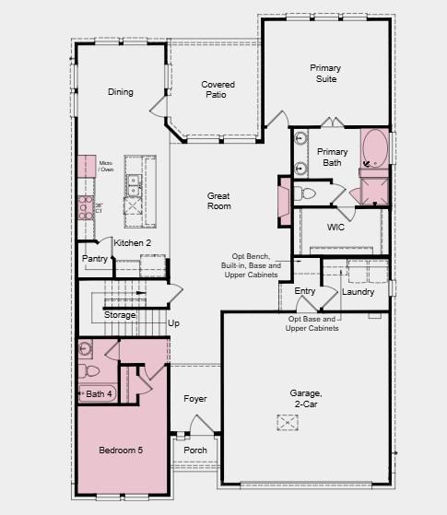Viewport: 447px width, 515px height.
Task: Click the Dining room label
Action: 120,92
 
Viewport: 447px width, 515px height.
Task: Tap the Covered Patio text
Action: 218,89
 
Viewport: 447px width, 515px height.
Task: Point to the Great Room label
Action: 218,201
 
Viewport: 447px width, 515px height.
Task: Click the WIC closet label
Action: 335,227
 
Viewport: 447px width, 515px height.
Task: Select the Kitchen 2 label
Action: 132,243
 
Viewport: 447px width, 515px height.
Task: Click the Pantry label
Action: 95,260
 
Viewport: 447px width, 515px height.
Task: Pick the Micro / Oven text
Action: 106,166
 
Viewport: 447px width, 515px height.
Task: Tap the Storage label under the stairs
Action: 120,315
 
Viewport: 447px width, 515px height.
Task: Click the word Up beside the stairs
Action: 173,323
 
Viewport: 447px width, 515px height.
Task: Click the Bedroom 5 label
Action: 122,451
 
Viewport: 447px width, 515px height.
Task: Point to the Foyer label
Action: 194,399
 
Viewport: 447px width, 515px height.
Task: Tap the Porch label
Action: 195,451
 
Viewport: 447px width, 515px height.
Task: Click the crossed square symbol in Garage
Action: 287,422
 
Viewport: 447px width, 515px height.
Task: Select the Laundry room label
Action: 358,292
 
